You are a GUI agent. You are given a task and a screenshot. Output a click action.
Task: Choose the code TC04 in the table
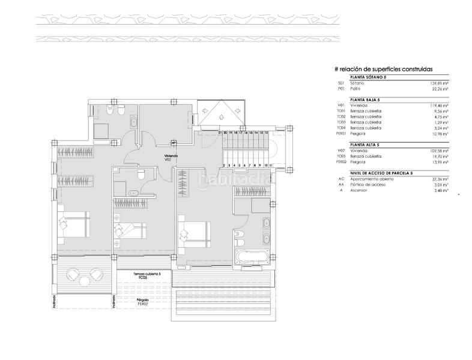341,128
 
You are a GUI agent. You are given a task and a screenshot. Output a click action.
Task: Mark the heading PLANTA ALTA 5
363,145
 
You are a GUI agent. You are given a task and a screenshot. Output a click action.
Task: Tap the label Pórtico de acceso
368,184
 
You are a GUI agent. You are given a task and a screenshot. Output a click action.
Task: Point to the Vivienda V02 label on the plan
172,157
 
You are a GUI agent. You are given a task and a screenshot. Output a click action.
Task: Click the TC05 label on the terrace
142,278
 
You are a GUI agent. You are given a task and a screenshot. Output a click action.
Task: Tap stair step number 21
220,133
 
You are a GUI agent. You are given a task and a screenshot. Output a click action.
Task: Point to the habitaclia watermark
235,179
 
